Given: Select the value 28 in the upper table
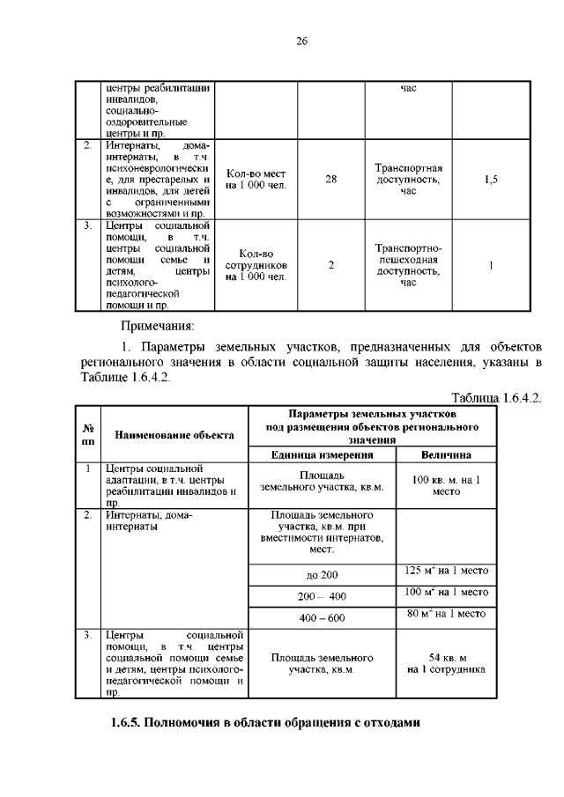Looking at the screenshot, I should [x=330, y=180].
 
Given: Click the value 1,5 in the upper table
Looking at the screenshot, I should [x=492, y=180].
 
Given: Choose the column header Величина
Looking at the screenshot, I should [x=445, y=455].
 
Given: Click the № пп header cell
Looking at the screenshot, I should [x=88, y=434].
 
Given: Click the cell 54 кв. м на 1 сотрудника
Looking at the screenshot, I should [x=445, y=663].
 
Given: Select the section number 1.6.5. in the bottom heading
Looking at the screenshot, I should [x=129, y=724].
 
